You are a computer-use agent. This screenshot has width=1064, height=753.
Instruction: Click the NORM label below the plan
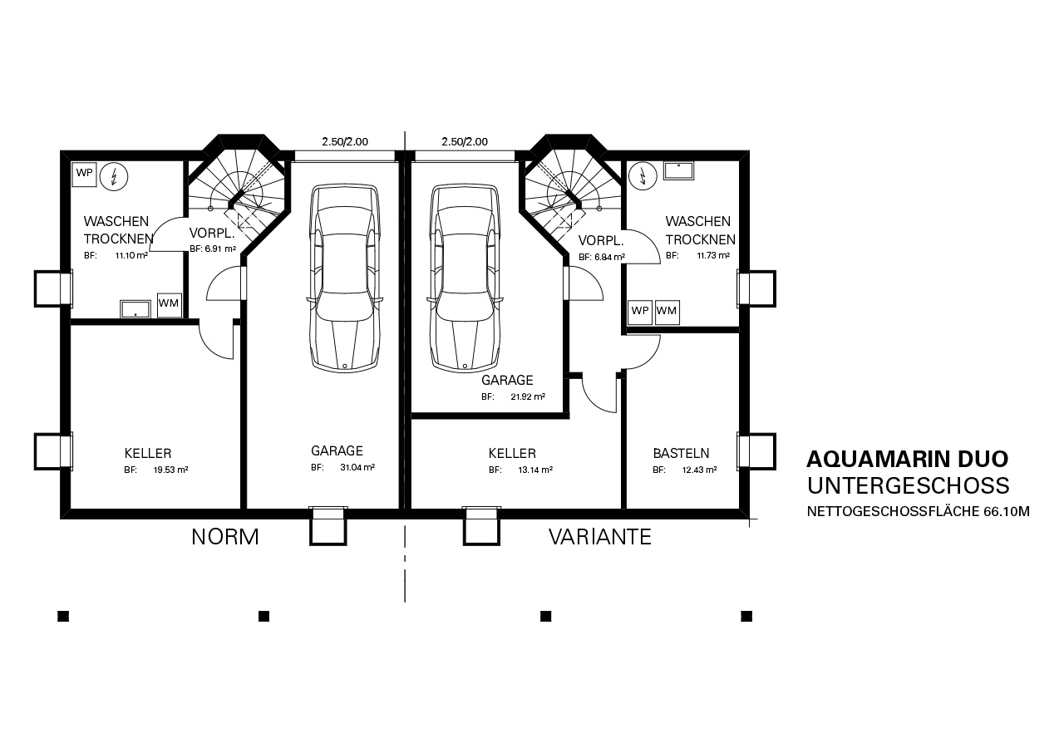[x=225, y=537]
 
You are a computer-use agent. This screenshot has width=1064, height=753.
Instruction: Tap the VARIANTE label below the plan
[x=600, y=537]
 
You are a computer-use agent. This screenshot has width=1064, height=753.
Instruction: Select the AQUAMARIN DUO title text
[x=907, y=459]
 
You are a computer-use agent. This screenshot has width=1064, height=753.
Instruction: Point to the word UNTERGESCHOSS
[x=909, y=485]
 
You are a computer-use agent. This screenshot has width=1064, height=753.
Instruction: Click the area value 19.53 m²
[x=170, y=470]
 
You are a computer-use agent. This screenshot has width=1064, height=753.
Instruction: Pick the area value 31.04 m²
[x=357, y=467]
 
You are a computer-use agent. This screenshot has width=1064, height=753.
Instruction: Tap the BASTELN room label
[x=681, y=454]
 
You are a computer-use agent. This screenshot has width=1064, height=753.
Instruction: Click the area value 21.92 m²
[x=528, y=396]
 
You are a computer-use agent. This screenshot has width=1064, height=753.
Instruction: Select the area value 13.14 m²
[x=534, y=470]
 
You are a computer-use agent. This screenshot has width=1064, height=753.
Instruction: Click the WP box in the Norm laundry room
[x=85, y=174]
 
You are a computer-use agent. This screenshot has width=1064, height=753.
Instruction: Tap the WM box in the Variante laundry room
[x=667, y=312]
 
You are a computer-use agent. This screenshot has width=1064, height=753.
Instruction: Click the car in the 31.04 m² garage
[x=345, y=278]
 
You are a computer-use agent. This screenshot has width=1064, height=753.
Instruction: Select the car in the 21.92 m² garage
[x=465, y=278]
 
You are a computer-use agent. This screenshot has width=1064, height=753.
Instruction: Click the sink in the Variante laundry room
[x=679, y=171]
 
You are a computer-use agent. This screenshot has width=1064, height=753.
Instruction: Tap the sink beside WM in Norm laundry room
[x=135, y=309]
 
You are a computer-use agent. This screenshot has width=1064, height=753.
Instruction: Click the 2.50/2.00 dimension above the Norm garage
[x=345, y=141]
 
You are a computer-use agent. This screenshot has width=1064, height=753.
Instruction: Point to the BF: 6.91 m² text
[x=213, y=249]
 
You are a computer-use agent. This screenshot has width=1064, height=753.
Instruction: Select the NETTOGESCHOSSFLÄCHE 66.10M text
[x=919, y=511]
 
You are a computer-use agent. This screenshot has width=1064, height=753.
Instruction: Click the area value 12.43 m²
[x=699, y=470]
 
